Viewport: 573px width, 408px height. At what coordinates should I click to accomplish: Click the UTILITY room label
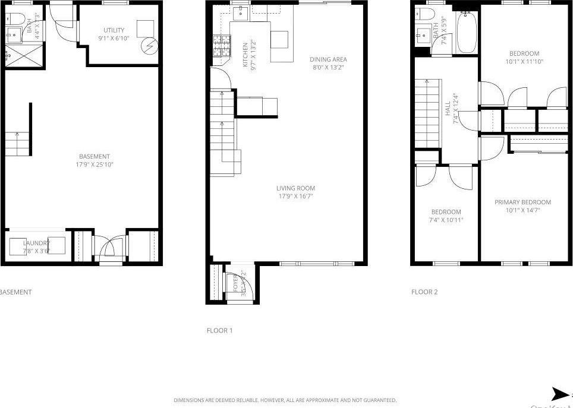[x=114, y=30]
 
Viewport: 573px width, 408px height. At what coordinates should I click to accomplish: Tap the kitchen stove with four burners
[x=221, y=47]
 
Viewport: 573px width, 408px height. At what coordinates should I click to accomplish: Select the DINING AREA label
[x=328, y=59]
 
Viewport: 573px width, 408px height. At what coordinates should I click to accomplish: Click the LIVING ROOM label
[x=295, y=188]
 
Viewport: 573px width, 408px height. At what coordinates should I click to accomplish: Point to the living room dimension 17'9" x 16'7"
[x=295, y=196]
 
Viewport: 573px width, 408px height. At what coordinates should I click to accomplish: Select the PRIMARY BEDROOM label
[x=522, y=202]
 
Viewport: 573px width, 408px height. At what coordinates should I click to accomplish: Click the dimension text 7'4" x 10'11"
[x=446, y=220]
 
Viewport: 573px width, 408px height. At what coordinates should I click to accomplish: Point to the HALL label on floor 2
[x=448, y=109]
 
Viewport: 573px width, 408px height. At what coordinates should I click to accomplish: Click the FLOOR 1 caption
[x=219, y=331]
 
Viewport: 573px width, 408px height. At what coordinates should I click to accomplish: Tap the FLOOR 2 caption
[x=424, y=292]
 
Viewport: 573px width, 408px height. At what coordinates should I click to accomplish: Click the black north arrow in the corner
[x=560, y=394]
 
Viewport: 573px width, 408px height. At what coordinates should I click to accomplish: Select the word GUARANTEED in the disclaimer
[x=380, y=400]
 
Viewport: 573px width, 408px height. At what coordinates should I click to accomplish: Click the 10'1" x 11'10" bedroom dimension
[x=524, y=61]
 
